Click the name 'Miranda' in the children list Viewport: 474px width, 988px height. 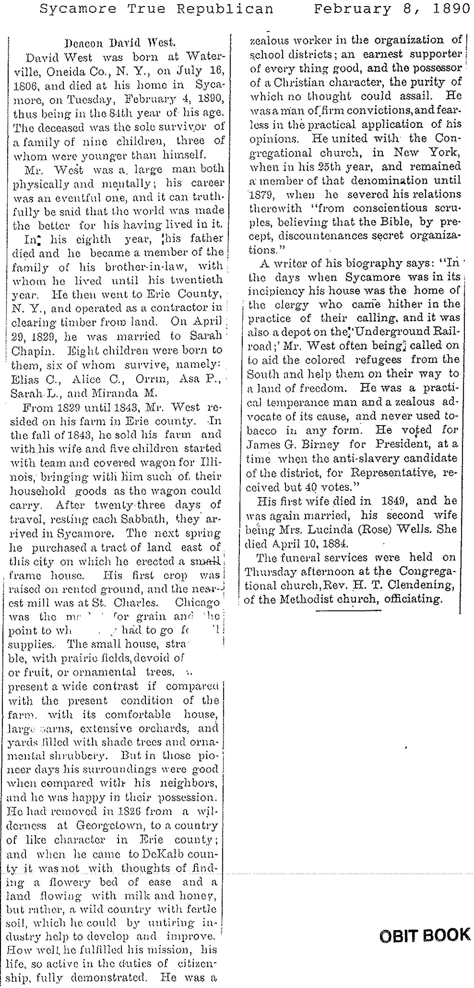point(112,393)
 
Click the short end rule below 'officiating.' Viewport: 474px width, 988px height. point(349,610)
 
